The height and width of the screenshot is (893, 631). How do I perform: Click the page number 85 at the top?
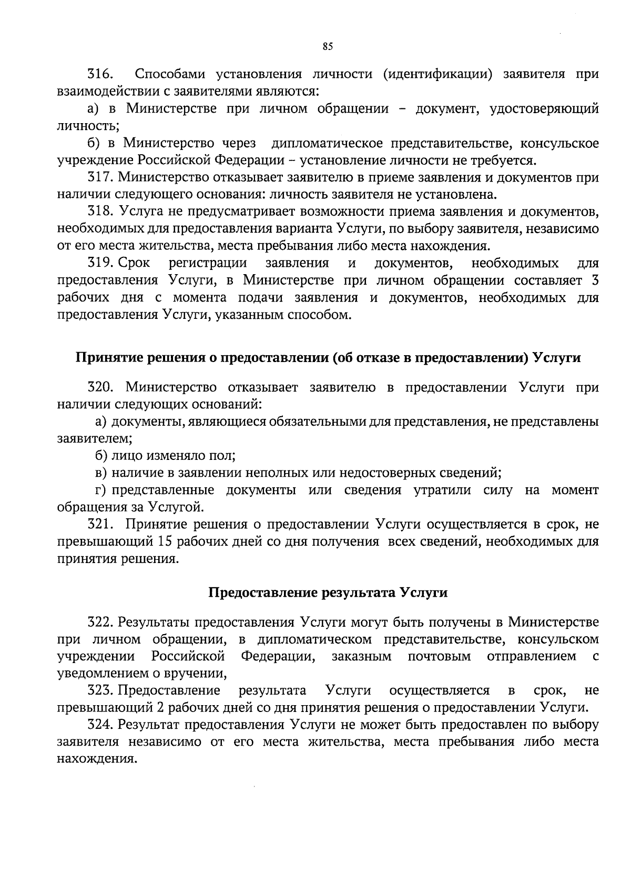click(328, 47)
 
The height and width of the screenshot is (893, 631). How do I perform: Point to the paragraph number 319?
click(100, 263)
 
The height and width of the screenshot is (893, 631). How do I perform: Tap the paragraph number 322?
click(100, 623)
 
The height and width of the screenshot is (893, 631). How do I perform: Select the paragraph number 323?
click(100, 690)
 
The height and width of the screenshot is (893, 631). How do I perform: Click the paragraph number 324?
click(100, 725)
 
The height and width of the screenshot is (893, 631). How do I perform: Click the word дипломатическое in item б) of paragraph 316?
click(324, 144)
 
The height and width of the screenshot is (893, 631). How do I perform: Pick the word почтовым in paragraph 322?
click(439, 657)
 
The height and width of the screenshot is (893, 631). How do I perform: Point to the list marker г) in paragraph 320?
click(101, 491)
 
